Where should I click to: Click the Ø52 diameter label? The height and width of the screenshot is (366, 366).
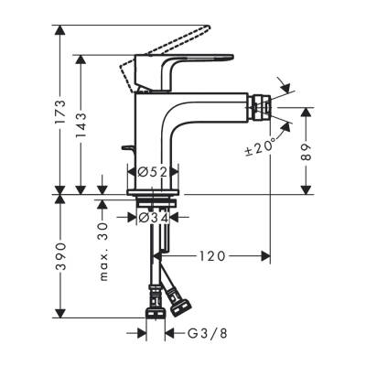151,171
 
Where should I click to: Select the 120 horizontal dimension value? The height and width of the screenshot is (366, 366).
213,257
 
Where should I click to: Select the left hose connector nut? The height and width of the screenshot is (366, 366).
153,298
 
